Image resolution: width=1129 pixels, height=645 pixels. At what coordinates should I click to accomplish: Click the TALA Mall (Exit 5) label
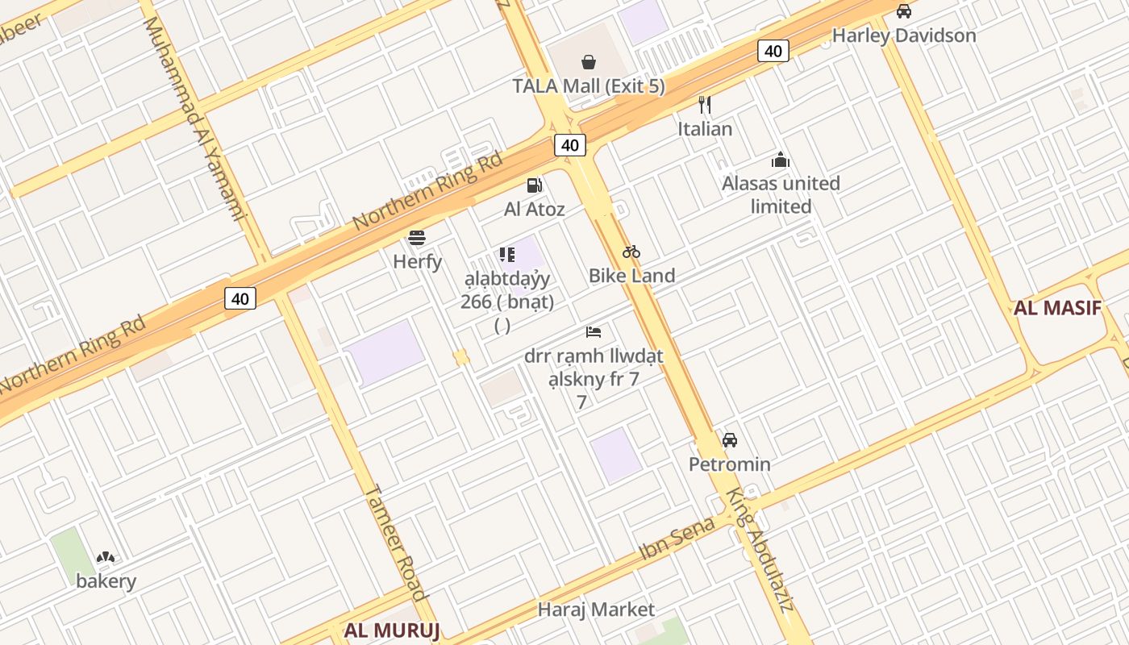coord(589,85)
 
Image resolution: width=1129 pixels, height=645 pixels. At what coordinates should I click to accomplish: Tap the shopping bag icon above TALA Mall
coord(589,62)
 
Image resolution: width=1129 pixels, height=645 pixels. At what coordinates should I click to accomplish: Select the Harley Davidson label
coord(903,35)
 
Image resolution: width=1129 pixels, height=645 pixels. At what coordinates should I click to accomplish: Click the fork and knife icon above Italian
coord(704,104)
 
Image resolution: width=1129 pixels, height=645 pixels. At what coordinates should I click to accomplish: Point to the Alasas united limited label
coord(781,194)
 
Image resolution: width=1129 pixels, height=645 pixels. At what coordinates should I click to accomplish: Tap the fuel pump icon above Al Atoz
coord(534,185)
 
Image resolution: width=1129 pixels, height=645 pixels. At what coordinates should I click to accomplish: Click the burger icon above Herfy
coord(417,238)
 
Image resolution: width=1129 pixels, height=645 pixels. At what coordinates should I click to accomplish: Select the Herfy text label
coord(417,261)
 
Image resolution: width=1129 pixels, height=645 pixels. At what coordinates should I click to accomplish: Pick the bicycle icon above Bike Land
coord(631,252)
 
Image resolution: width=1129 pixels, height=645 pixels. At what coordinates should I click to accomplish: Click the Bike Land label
coord(631,275)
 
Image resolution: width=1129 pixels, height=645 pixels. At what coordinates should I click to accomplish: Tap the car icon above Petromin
coord(729,440)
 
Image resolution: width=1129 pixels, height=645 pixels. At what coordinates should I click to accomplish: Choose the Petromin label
coord(729,464)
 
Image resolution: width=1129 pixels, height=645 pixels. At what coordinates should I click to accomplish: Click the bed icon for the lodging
coord(594,332)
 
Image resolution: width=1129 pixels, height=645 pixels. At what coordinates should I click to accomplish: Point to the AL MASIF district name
coord(1057,308)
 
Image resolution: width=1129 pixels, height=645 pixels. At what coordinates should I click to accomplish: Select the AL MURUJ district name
coord(392,630)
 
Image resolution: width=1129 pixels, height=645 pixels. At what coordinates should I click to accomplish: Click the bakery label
coord(106,580)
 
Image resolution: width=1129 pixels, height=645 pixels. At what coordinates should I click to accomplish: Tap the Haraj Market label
coord(596,609)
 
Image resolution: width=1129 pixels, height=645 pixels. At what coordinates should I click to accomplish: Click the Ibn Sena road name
coord(677,539)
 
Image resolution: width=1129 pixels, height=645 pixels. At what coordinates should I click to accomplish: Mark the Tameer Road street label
coord(395,542)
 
